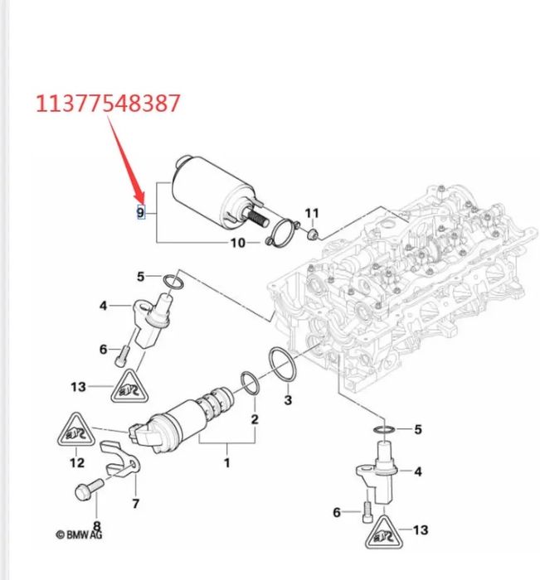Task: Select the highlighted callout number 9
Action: (x=140, y=213)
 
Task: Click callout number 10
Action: (x=237, y=243)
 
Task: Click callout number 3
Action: (x=288, y=401)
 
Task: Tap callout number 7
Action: (x=135, y=503)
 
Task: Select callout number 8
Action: (x=96, y=525)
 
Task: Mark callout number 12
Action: (x=76, y=462)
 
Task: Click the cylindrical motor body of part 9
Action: (x=204, y=190)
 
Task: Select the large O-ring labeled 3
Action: (x=281, y=365)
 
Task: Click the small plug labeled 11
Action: (x=313, y=233)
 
